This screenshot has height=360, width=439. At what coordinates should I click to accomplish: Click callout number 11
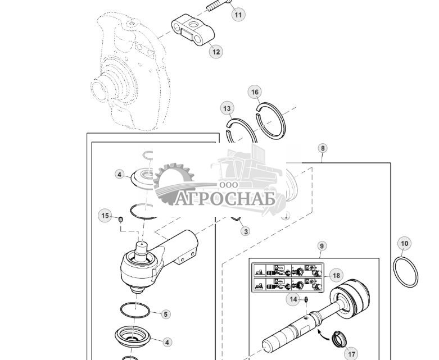(239, 15)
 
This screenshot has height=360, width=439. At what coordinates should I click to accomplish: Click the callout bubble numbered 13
(227, 108)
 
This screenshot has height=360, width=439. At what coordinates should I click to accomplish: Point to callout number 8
(322, 148)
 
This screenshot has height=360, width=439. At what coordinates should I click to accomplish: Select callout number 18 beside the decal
(336, 275)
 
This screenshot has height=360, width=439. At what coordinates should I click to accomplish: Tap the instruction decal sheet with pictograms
(287, 277)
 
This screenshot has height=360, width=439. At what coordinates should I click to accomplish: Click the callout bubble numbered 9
(322, 246)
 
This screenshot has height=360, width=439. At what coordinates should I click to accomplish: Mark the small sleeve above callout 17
(338, 339)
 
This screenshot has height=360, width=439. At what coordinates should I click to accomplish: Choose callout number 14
(293, 299)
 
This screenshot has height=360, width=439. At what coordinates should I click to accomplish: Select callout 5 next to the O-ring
(165, 314)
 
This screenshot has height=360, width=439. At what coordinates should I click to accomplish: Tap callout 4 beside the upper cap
(120, 175)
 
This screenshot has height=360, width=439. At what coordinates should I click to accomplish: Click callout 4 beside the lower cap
(167, 341)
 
